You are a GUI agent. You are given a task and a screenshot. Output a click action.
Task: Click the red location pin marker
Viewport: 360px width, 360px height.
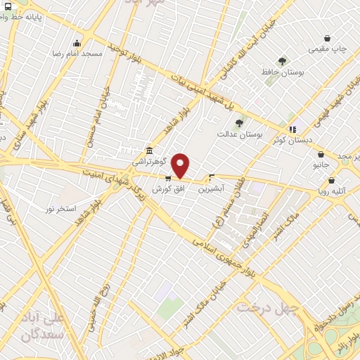click(181, 165)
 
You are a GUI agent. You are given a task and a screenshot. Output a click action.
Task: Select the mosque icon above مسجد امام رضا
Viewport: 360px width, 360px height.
click(77, 42)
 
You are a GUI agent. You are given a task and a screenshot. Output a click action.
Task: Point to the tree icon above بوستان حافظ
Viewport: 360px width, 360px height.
click(282, 61)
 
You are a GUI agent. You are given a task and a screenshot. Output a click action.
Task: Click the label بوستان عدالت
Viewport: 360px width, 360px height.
click(239, 133)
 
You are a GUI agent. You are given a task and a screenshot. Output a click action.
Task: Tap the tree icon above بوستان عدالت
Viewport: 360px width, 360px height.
click(239, 123)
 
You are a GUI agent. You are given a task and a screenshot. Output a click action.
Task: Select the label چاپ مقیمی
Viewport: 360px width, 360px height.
click(328, 50)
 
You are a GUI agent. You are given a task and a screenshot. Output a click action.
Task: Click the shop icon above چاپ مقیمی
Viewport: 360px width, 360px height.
click(327, 39)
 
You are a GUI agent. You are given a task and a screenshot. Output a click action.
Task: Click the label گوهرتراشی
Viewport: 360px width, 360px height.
click(148, 161)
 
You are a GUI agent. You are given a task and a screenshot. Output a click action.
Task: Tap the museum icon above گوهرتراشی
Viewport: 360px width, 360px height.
click(148, 150)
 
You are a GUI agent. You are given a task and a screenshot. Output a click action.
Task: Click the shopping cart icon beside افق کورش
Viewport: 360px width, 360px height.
click(167, 179)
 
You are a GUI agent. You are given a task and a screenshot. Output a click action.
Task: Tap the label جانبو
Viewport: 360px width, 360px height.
click(321, 165)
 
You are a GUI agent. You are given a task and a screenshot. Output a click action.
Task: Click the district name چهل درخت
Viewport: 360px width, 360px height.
click(268, 308)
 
